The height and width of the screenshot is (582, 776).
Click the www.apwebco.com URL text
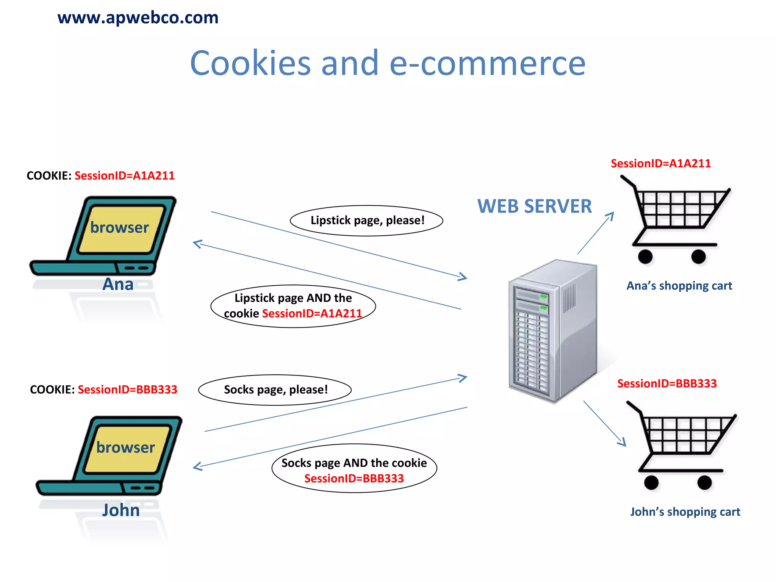(138, 17)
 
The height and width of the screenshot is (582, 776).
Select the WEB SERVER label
(534, 207)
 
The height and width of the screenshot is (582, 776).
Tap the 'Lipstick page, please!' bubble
(366, 221)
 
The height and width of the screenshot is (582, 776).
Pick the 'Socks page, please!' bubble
(275, 390)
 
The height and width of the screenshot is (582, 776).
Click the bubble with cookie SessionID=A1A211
(293, 306)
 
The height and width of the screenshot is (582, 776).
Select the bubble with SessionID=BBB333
(354, 469)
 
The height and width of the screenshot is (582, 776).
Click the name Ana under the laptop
(118, 284)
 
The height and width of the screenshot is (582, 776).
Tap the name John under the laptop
(121, 510)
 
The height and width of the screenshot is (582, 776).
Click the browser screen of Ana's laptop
(120, 228)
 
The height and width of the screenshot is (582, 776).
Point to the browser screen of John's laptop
(126, 448)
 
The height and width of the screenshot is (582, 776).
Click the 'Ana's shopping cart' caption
(679, 286)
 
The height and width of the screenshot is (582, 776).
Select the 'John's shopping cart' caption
(685, 512)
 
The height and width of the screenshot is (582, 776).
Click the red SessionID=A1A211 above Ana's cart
(660, 164)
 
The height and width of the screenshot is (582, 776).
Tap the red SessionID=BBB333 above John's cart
(667, 383)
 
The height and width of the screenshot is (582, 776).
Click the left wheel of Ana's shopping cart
(645, 257)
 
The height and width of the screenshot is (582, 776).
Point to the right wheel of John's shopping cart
(704, 483)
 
